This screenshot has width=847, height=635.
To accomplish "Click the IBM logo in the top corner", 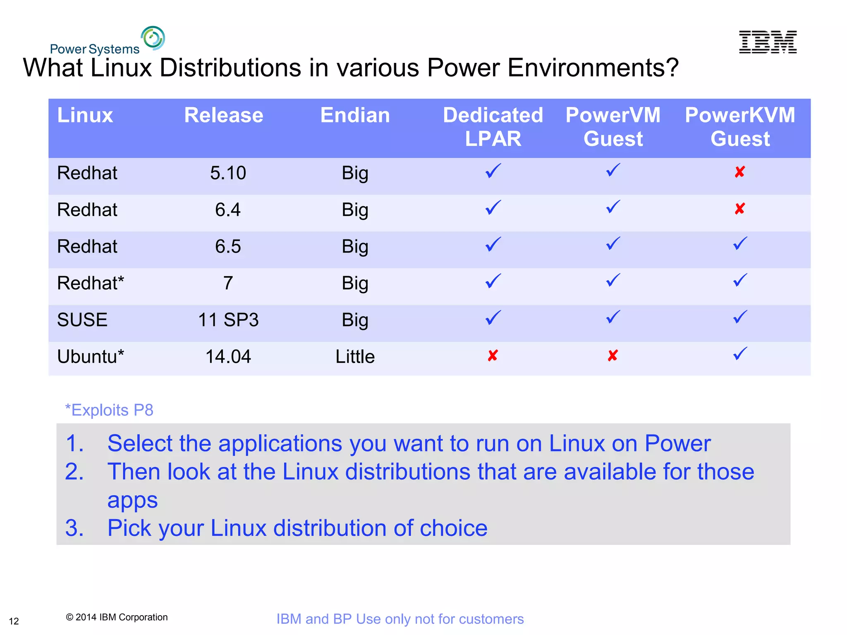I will coord(768,42).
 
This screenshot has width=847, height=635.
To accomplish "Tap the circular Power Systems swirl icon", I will coord(153,38).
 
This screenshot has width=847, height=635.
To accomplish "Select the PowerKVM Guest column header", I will coord(740,127).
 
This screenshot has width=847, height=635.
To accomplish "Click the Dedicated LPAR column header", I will coord(493,127).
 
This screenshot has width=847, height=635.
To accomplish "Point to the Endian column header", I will coord(355,115).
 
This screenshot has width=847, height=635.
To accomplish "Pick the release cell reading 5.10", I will coord(228,173).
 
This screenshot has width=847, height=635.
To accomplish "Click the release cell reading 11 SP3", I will coord(228,320).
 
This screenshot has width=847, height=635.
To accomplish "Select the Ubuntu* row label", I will coord(91,356).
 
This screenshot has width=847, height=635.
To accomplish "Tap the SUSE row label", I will coord(82,320).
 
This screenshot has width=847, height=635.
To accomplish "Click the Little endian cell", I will coord(355,356).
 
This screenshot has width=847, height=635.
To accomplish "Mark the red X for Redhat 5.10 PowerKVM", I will coord(740,172).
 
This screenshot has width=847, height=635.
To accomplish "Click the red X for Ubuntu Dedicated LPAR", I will coord(493,356).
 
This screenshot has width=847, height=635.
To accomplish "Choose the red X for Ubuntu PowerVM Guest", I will coord(613,356).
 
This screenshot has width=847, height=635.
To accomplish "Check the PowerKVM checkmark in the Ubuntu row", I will coord(740,353).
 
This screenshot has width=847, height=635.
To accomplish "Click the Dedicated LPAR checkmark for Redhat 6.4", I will coord(493,208).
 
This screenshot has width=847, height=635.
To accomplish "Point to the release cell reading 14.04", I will coord(228,356).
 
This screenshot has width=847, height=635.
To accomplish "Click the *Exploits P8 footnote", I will coord(109,410).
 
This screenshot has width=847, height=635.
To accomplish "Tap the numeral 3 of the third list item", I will coord(74,528).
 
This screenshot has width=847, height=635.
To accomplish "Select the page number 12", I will coord(14,621).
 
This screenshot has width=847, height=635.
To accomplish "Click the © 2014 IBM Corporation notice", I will coord(117,617).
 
